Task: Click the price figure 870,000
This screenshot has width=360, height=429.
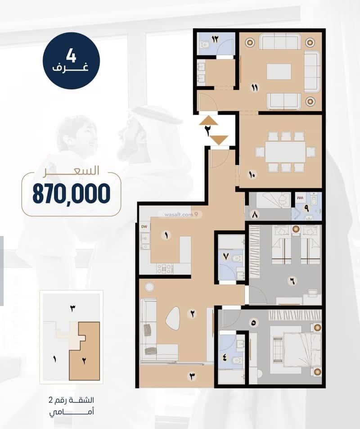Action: (x=72, y=194)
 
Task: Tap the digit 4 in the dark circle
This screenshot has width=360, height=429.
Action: (x=71, y=56)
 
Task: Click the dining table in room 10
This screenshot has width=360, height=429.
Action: (x=285, y=152)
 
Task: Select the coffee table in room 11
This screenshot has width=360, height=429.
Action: (x=279, y=72)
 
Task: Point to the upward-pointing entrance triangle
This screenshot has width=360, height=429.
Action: (x=209, y=120)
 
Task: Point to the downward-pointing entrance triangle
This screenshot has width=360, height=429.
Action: (x=219, y=140)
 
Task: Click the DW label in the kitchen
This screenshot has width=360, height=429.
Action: (x=144, y=226)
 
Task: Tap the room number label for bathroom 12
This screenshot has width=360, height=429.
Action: (x=215, y=39)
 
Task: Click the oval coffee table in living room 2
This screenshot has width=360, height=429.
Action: (x=173, y=317)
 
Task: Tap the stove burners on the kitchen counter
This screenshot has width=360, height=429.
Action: (x=165, y=268)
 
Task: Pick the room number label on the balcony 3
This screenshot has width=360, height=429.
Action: (x=192, y=376)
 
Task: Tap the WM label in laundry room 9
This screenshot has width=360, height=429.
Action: (x=300, y=197)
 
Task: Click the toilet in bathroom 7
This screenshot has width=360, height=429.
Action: (x=237, y=258)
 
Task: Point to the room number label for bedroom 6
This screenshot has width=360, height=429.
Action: (x=292, y=281)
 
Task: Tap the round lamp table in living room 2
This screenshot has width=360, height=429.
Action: (x=149, y=287)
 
